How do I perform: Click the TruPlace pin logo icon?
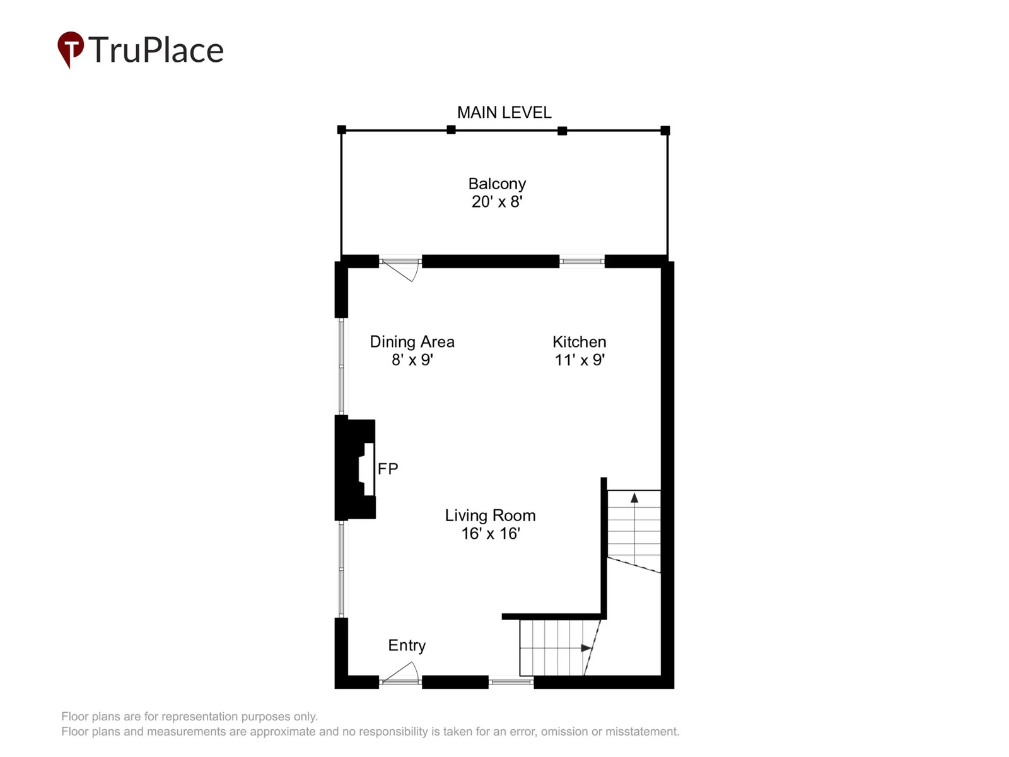[x=71, y=49]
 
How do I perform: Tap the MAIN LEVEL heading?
[x=504, y=113]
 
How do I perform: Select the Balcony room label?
[x=497, y=184]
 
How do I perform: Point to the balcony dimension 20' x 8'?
[x=497, y=202]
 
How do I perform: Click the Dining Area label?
[x=412, y=342]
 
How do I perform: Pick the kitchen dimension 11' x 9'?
[x=579, y=360]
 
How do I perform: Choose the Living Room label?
[x=490, y=515]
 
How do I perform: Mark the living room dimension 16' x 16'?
[x=491, y=534]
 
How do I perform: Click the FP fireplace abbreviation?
[x=387, y=469]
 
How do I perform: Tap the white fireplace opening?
[x=367, y=469]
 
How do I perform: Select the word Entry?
[x=407, y=646]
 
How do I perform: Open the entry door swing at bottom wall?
[x=400, y=672]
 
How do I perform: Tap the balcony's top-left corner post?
[x=342, y=129]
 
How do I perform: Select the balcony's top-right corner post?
[x=665, y=131]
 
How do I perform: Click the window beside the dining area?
[x=341, y=367]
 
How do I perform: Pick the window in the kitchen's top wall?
[x=582, y=261]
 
